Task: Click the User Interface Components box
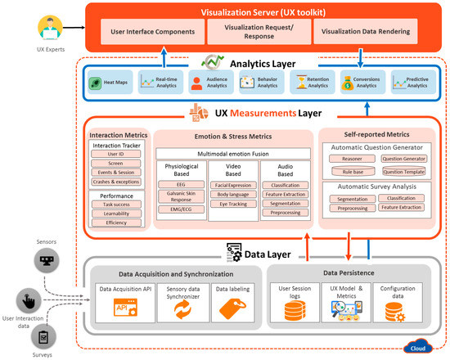coord(152,33)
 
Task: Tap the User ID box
coord(116,154)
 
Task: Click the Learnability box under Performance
coord(116,212)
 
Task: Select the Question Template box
coord(404,173)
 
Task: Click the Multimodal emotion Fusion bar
coord(232,154)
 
